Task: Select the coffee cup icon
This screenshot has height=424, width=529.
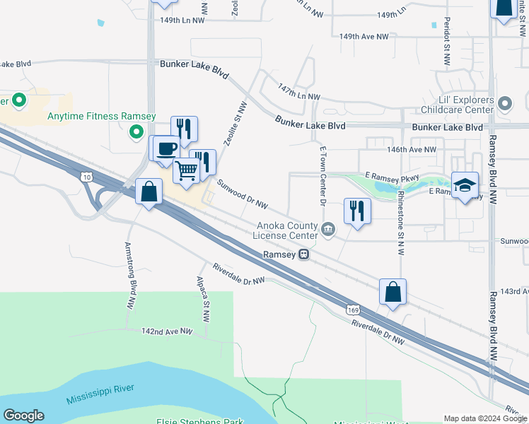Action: click(167, 148)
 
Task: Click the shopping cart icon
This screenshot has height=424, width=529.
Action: click(187, 170)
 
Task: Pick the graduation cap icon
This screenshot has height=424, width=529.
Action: click(465, 185)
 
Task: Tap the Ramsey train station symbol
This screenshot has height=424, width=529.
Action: click(303, 254)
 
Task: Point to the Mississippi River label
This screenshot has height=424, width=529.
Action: click(100, 394)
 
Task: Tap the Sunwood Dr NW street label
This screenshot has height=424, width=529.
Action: click(242, 194)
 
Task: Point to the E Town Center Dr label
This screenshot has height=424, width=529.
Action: click(322, 177)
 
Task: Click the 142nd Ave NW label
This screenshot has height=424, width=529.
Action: click(167, 331)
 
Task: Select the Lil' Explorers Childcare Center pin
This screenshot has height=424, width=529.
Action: click(504, 105)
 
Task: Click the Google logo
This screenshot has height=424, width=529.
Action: click(23, 416)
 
